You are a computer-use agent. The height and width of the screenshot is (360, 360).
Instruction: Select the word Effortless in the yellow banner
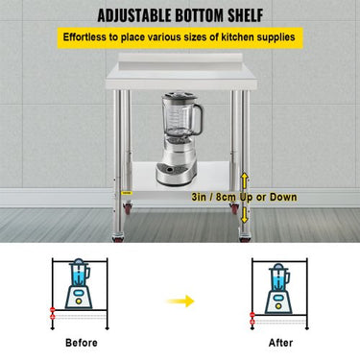[x=84, y=37]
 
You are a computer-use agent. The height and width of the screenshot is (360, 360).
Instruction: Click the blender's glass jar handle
[x=198, y=119]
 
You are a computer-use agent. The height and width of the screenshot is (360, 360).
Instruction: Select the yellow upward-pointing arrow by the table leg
[x=244, y=180]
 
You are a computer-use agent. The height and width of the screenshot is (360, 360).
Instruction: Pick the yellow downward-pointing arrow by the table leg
[x=244, y=214]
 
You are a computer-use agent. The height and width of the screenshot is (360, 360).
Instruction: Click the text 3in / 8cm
[x=215, y=197]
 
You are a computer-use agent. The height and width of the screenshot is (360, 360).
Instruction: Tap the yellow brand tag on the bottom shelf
[x=126, y=192]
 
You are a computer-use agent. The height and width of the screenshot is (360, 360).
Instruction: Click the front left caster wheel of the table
[x=118, y=238]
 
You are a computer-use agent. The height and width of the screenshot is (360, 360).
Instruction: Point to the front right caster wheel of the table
[x=245, y=238]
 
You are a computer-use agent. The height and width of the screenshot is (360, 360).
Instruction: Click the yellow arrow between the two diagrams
[x=180, y=300]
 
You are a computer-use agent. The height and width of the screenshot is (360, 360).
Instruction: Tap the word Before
[x=82, y=343]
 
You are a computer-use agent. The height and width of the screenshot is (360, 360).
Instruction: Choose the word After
[x=280, y=343]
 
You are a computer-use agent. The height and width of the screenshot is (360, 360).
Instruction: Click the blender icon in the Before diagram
[x=79, y=284]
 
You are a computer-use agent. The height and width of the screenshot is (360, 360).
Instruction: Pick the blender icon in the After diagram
[x=278, y=289]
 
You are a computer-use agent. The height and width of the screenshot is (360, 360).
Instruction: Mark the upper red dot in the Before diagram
[x=53, y=310]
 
